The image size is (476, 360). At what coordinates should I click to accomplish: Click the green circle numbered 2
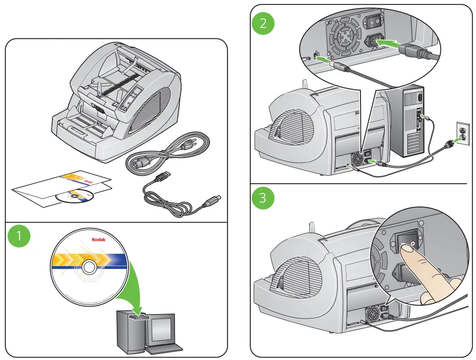point(262,23)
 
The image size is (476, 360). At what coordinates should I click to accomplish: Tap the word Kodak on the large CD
point(98,240)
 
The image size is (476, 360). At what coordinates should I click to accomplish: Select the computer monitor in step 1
point(162,329)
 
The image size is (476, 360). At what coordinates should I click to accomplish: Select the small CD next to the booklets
point(74,197)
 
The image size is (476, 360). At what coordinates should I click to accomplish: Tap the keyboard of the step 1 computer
point(164,349)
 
